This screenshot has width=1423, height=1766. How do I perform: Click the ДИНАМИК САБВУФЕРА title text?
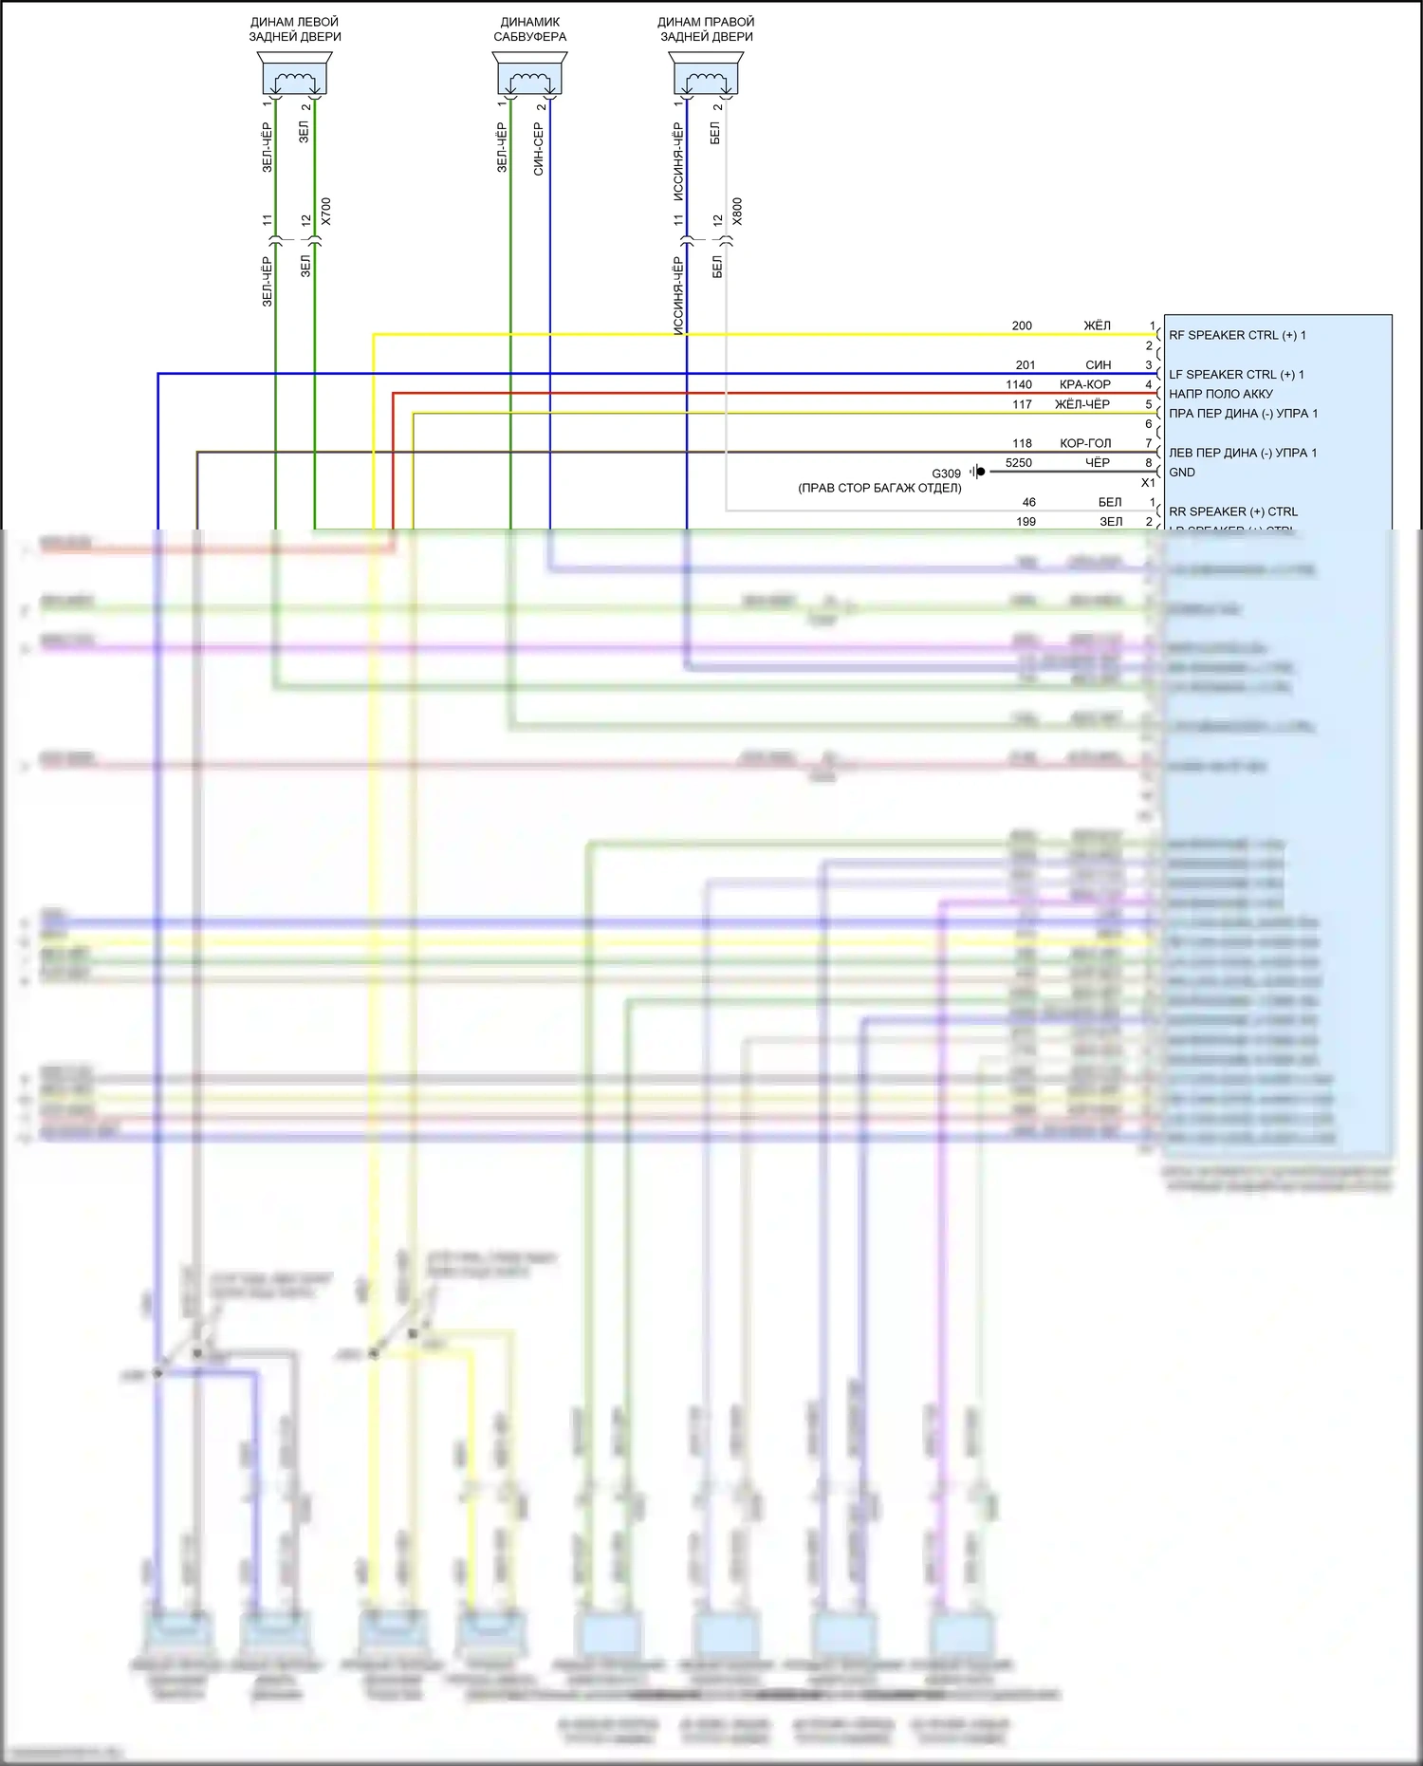pyautogui.click(x=529, y=29)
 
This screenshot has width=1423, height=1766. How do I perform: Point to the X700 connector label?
pyautogui.click(x=326, y=211)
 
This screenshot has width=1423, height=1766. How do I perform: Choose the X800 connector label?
pyautogui.click(x=737, y=211)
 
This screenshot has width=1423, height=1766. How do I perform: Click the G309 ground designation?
pyautogui.click(x=946, y=474)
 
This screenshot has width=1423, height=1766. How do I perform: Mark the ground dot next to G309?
pyautogui.click(x=981, y=472)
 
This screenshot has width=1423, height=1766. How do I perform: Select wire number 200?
pyautogui.click(x=1022, y=325)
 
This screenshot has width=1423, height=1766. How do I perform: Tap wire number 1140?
pyautogui.click(x=1019, y=384)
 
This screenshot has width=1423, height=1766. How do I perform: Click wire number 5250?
pyautogui.click(x=1019, y=463)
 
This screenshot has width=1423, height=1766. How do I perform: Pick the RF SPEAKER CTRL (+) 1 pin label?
pyautogui.click(x=1237, y=335)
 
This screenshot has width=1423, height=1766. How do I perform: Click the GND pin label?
pyautogui.click(x=1182, y=473)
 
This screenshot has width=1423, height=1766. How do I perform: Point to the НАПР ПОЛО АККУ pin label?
pyautogui.click(x=1221, y=394)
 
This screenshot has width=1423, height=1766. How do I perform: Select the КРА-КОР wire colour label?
pyautogui.click(x=1085, y=384)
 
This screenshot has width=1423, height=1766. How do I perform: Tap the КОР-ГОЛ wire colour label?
pyautogui.click(x=1085, y=443)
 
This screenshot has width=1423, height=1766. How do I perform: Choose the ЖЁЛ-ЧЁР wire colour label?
pyautogui.click(x=1082, y=404)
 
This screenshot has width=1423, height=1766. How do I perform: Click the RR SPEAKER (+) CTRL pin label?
pyautogui.click(x=1233, y=511)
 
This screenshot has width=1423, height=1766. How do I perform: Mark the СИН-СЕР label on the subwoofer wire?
pyautogui.click(x=539, y=149)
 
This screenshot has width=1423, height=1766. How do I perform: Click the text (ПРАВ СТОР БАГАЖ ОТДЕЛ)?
pyautogui.click(x=879, y=488)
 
